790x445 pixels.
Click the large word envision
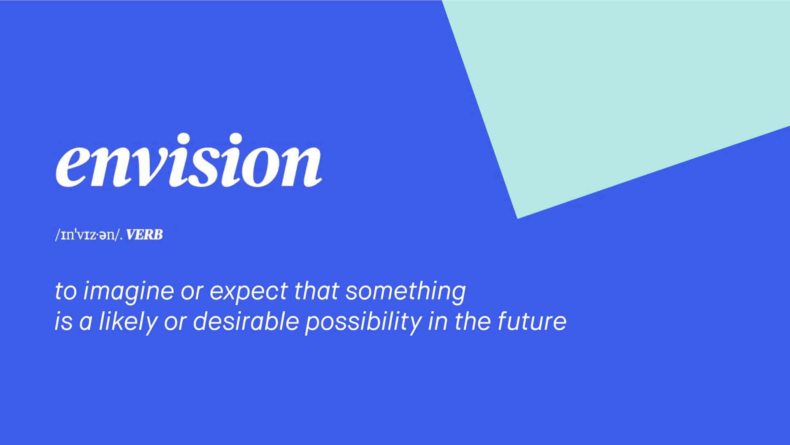(x=188, y=160)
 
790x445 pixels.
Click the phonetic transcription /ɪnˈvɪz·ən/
(x=88, y=235)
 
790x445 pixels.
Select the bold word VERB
(x=144, y=235)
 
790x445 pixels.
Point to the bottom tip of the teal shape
(x=518, y=218)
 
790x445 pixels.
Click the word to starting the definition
(x=66, y=292)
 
